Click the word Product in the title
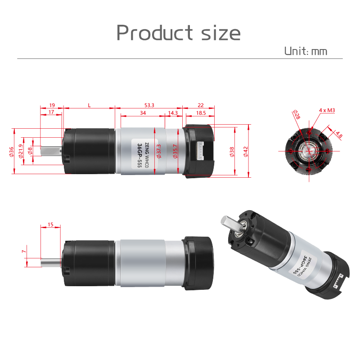click(x=154, y=32)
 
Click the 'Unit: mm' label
click(x=306, y=51)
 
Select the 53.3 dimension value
click(x=149, y=105)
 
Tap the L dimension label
click(x=89, y=105)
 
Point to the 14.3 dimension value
click(x=173, y=113)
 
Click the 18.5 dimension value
click(x=201, y=113)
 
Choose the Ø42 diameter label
click(x=246, y=152)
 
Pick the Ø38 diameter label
click(x=232, y=152)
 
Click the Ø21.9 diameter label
click(x=21, y=151)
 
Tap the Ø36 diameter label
click(x=11, y=152)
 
